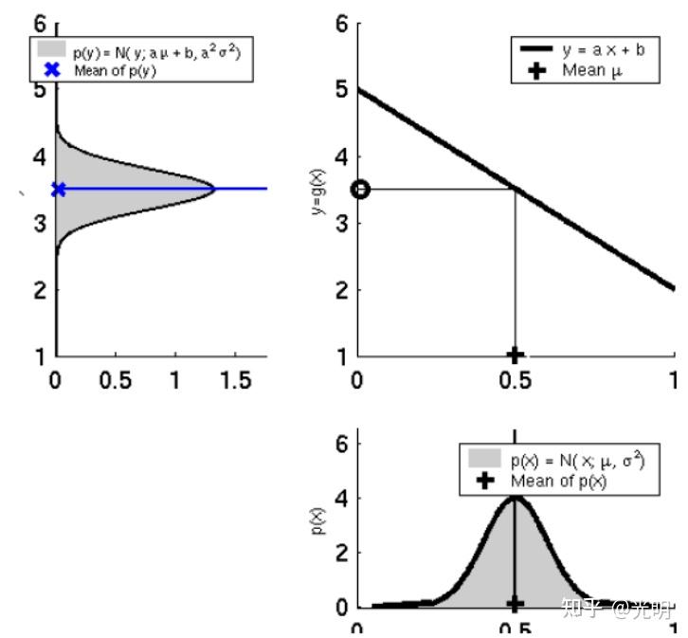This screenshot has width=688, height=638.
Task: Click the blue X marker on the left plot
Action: pos(59,190)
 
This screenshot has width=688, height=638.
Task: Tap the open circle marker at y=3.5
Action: pos(359,190)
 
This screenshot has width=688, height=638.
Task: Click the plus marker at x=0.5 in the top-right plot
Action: pos(515,355)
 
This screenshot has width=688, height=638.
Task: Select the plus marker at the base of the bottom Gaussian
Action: pos(515,603)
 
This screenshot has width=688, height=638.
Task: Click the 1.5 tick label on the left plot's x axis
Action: pos(235,381)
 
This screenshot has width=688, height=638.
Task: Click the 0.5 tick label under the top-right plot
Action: pos(515,381)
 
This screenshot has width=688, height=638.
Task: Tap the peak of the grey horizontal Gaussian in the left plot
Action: pos(214,190)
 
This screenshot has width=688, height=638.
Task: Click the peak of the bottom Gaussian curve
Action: pos(515,497)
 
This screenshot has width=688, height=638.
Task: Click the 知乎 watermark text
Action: pos(581,607)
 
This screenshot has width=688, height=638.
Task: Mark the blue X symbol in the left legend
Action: pos(52,70)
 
